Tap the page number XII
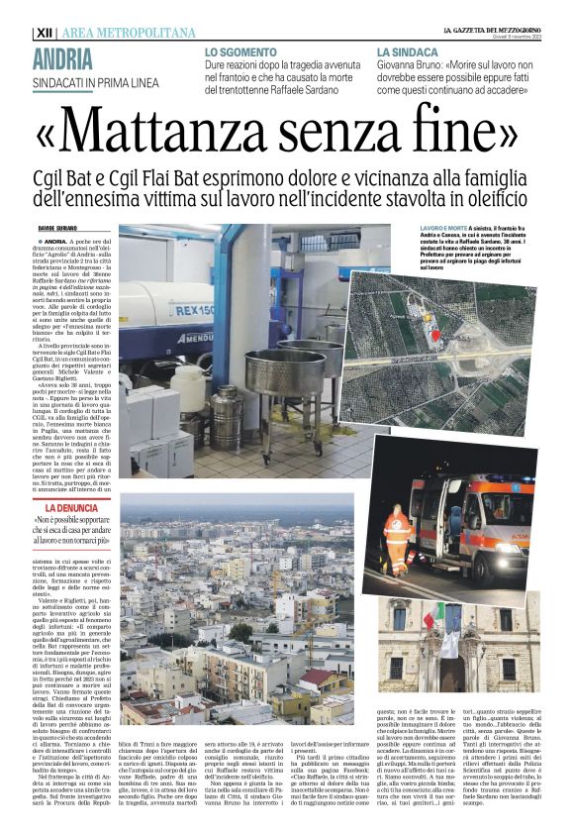click(45, 33)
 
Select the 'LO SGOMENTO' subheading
click(241, 51)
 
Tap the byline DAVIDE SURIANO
click(58, 230)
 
